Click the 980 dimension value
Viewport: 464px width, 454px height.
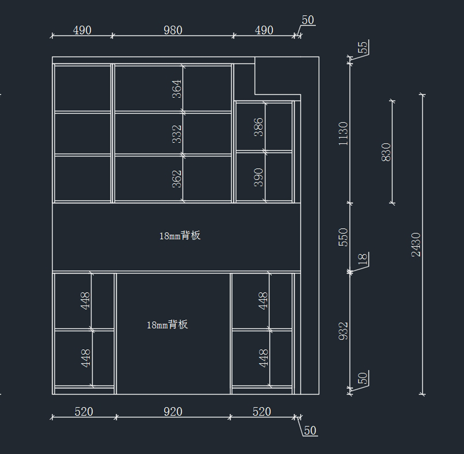(x=173, y=30)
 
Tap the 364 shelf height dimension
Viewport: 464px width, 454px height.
(x=177, y=89)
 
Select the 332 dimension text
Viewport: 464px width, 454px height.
(x=177, y=134)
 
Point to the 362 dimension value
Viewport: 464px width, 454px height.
(x=177, y=179)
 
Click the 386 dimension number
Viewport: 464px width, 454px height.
(x=259, y=127)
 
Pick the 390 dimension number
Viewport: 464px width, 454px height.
(x=259, y=178)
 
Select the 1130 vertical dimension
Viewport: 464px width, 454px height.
(x=343, y=134)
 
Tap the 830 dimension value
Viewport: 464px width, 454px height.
(x=386, y=152)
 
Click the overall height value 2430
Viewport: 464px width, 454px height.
(x=416, y=245)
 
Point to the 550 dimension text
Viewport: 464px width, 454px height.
(x=343, y=237)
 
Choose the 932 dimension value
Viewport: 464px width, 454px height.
(x=343, y=331)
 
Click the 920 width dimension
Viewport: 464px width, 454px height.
(x=173, y=412)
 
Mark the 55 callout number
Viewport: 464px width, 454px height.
(x=363, y=47)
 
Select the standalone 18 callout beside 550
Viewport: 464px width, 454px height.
(x=363, y=259)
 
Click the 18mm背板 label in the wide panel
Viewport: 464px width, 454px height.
(x=180, y=235)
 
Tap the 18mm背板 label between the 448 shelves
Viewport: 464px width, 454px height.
(x=167, y=325)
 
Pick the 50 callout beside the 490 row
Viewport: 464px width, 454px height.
(x=308, y=20)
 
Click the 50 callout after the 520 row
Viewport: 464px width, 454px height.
(x=310, y=431)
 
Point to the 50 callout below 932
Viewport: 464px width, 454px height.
(x=363, y=378)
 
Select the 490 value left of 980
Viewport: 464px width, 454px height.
(x=82, y=30)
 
